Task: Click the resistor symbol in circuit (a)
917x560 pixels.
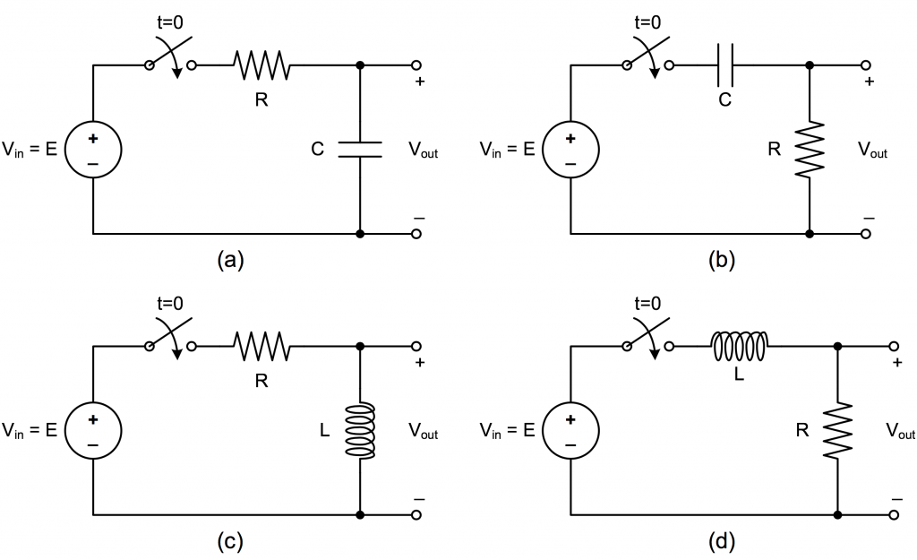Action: point(260,65)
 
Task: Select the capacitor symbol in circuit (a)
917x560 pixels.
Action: point(360,149)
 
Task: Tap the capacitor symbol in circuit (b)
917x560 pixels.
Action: point(726,65)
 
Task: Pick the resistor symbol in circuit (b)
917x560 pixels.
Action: point(809,149)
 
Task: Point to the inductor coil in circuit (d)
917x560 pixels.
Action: point(739,345)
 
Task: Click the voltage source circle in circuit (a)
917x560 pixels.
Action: point(93,150)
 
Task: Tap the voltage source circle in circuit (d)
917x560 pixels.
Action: point(570,430)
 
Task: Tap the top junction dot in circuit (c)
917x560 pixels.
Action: point(360,346)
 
